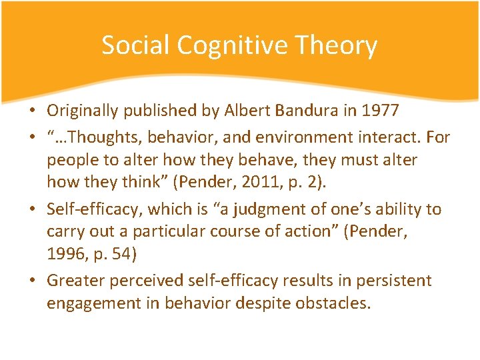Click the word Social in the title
(135, 45)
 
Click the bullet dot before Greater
(38, 281)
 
